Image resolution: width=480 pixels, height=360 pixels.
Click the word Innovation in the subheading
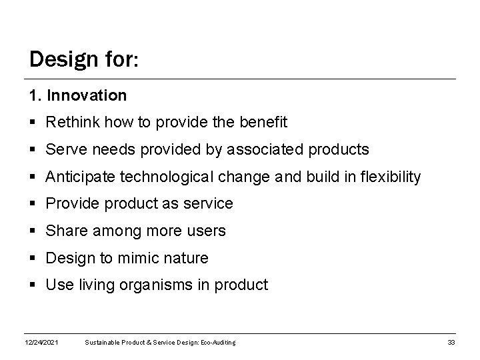87,96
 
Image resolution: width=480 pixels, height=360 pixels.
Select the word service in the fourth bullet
209,204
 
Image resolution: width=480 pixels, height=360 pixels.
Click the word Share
65,231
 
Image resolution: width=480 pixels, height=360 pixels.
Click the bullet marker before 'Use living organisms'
33,285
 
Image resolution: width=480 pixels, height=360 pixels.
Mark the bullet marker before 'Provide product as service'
33,204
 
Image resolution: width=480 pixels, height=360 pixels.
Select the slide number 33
451,343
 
